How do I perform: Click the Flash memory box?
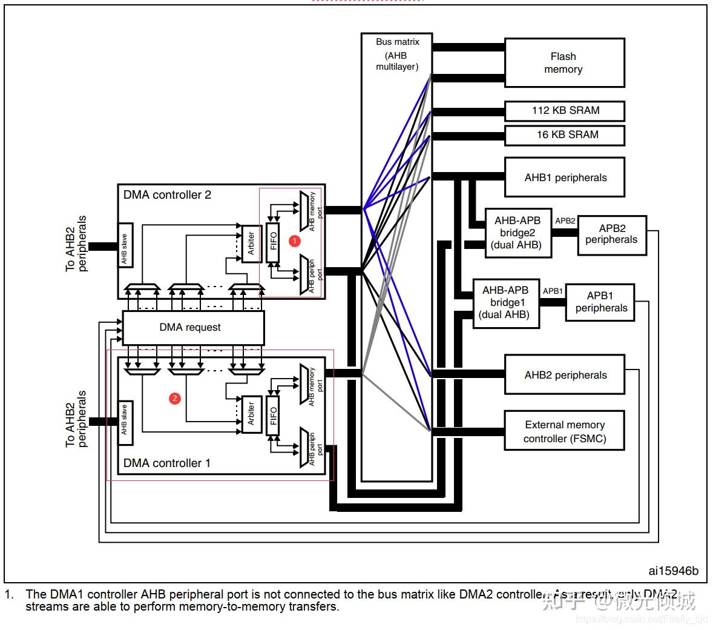pos(564,63)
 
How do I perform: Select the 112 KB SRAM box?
pos(564,111)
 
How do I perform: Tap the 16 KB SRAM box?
pos(564,135)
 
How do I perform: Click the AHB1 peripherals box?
pos(564,177)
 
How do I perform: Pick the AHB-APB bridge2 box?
pos(517,233)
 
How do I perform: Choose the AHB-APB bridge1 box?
pos(505,303)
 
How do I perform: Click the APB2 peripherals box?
pos(612,234)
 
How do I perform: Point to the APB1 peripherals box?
pos(600,302)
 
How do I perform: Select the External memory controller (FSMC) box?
pos(564,431)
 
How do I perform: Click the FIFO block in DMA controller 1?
pos(273,416)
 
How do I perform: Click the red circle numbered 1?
pos(295,240)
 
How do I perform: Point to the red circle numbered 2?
pos(174,398)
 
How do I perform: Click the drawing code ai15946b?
pos(673,571)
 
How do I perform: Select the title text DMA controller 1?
pos(167,463)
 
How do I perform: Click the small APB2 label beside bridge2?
pos(565,221)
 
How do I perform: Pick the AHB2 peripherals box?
pos(564,375)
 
